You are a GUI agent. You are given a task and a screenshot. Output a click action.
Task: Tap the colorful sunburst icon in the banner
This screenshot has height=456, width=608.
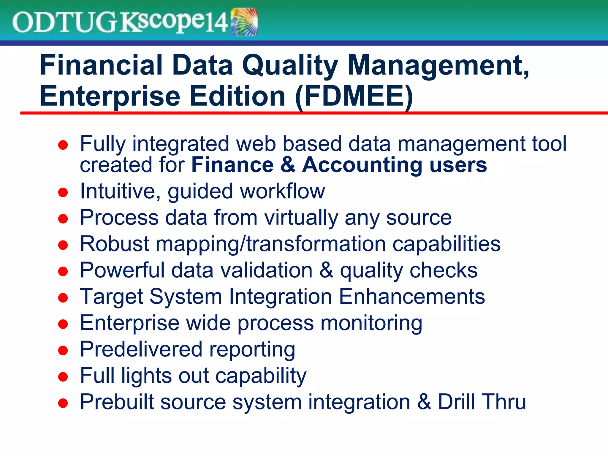[x=244, y=22]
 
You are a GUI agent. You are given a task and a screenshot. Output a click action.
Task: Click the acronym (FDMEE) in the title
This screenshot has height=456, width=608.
[x=354, y=96]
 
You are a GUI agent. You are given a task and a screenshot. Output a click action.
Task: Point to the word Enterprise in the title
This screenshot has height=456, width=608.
[x=110, y=96]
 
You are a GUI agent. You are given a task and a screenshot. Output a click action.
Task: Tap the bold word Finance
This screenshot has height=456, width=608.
[x=232, y=165]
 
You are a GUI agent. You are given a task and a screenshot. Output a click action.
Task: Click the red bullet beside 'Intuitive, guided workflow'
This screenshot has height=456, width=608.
[x=63, y=192]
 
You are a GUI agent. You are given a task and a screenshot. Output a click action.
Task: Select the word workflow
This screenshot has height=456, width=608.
[x=283, y=191]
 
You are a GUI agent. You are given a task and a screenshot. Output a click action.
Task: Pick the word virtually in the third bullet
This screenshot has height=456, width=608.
[x=301, y=218]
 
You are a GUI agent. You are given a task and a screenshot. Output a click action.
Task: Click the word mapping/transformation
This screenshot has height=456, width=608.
[x=270, y=244]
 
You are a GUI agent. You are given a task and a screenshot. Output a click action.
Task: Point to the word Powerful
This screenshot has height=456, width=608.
[x=122, y=270]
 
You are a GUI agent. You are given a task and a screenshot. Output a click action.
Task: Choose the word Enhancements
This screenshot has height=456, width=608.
[x=412, y=296]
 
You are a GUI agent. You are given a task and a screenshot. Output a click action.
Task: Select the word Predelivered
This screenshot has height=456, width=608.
[x=141, y=349]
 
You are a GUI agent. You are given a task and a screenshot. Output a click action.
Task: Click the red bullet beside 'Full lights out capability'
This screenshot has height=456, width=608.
[x=63, y=377]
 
